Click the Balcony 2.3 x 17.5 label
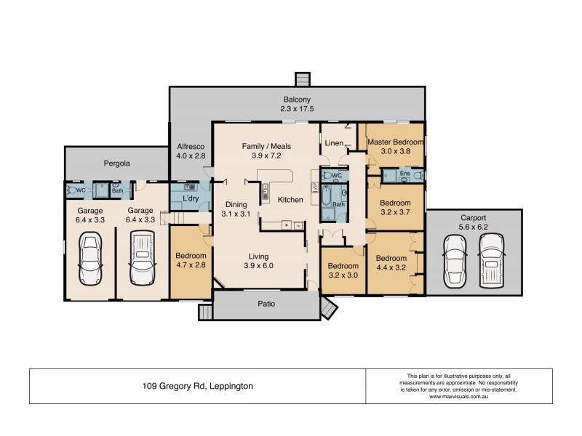click(297, 104)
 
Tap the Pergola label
click(116, 163)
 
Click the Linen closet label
click(334, 143)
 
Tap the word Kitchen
click(290, 199)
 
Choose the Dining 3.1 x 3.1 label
click(236, 209)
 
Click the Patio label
click(266, 304)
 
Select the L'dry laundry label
click(191, 198)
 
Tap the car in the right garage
click(141, 259)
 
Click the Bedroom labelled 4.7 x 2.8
click(191, 261)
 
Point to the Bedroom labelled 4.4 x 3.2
click(391, 263)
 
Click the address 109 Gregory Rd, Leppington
click(197, 387)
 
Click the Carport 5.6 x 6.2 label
click(474, 222)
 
